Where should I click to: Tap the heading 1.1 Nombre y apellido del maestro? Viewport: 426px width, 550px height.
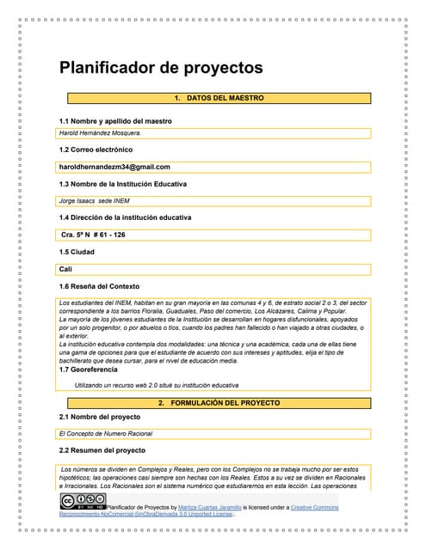pos(114,121)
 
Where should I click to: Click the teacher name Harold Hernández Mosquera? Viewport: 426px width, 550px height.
pos(99,134)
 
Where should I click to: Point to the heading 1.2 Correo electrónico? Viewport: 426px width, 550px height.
pos(95,150)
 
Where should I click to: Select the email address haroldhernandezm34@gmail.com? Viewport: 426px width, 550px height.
pos(114,167)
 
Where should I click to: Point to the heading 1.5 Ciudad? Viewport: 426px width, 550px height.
pos(77,252)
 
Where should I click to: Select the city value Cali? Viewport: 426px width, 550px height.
pos(65,269)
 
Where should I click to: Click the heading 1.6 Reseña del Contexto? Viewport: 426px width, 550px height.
pos(98,286)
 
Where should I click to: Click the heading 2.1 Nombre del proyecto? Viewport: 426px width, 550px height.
pos(99,417)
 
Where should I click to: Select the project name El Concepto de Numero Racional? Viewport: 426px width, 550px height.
pos(105,434)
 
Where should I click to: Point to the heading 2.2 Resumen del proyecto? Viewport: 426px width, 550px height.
pos(102,450)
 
